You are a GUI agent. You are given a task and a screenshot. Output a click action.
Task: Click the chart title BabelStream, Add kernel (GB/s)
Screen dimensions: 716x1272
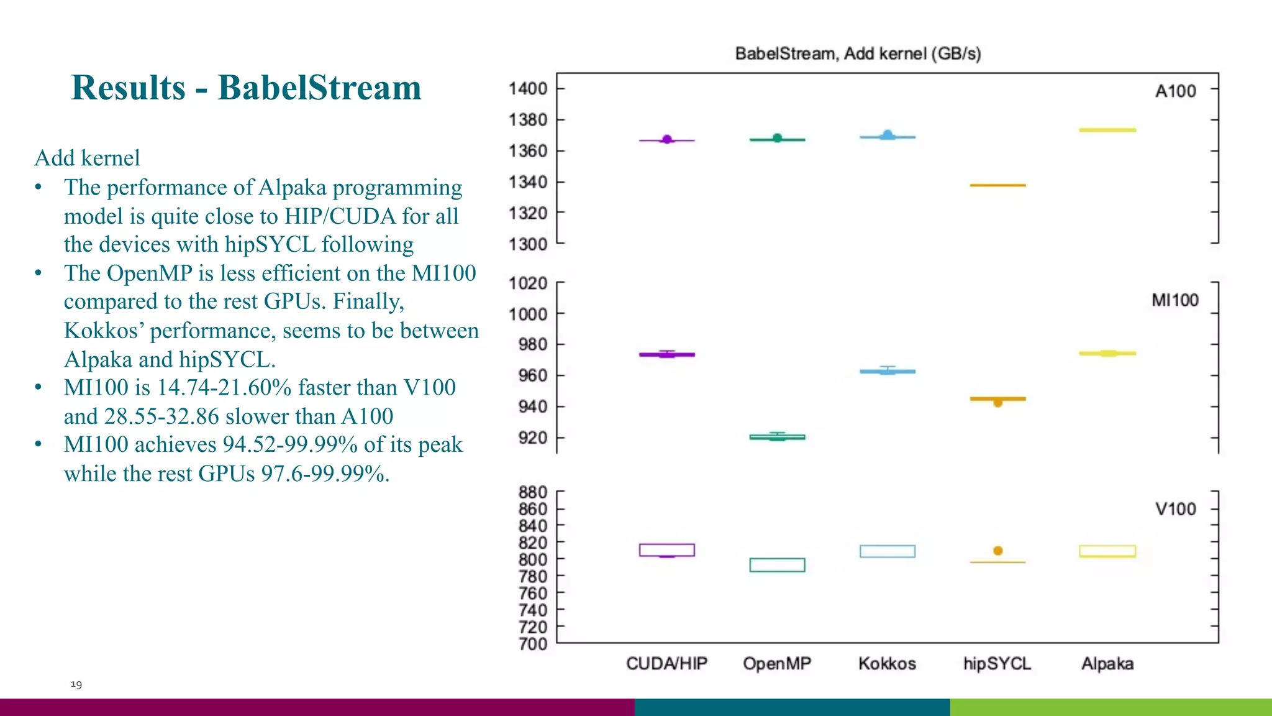tap(858, 54)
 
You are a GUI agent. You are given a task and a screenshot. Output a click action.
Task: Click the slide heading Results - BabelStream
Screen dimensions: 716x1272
tap(247, 88)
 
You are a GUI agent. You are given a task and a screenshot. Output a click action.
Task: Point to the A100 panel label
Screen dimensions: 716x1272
tap(1175, 91)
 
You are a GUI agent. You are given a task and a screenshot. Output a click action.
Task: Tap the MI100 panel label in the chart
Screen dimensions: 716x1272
tap(1174, 301)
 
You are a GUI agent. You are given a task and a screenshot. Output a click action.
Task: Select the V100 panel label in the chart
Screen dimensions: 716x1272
tap(1175, 510)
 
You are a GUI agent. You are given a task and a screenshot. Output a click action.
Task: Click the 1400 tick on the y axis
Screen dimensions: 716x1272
tap(528, 89)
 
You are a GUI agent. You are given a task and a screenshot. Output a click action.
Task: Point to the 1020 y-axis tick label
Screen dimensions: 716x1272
tap(528, 283)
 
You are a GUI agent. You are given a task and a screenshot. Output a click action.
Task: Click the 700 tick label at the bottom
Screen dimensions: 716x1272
tap(533, 644)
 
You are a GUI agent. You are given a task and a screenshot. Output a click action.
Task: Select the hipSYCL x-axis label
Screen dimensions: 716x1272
tap(997, 664)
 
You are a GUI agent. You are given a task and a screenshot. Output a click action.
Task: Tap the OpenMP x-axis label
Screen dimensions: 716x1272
tap(777, 664)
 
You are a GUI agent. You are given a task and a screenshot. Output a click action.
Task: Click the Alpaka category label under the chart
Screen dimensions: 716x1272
tap(1107, 664)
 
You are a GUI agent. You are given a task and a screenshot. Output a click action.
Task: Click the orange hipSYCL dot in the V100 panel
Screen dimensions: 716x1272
tap(998, 551)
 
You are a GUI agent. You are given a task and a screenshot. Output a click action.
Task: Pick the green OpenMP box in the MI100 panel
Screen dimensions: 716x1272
tap(777, 437)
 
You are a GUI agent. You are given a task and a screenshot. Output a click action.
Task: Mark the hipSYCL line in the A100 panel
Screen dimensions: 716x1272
tap(997, 185)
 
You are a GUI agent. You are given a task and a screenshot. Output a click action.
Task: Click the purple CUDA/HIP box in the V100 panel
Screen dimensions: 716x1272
tap(666, 550)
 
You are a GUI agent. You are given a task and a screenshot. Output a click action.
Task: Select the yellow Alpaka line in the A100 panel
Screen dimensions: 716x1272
tap(1107, 130)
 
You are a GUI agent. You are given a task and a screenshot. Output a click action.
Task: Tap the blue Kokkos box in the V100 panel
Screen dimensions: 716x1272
tap(887, 551)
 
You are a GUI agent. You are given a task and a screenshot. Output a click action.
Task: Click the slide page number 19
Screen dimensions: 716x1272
tap(76, 684)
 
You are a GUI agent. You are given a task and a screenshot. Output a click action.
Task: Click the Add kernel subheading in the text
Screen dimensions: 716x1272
tap(87, 158)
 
